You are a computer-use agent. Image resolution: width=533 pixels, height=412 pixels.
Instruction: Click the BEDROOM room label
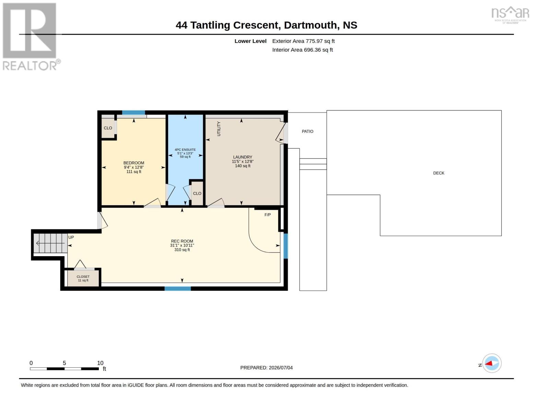(134, 163)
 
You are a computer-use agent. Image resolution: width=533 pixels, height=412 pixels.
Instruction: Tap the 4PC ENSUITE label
(185, 150)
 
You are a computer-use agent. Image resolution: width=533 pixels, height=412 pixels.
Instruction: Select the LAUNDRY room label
(243, 157)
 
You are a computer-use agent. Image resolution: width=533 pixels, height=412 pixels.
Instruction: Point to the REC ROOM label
(182, 241)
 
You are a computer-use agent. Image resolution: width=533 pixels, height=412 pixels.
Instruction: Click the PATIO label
(308, 131)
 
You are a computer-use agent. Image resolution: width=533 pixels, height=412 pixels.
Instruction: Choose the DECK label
(439, 173)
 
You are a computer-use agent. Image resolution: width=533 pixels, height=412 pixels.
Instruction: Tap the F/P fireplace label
(268, 215)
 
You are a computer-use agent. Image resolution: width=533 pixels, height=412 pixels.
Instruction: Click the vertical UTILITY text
(219, 129)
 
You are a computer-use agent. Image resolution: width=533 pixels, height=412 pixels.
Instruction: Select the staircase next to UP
(50, 243)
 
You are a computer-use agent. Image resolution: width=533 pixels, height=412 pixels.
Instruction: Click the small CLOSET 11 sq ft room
(83, 278)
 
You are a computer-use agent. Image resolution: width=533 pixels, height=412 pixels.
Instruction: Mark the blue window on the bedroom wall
(134, 113)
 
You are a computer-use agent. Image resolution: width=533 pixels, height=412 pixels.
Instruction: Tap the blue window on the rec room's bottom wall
(177, 289)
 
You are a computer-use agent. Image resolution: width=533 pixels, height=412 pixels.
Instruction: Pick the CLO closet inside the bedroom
(108, 128)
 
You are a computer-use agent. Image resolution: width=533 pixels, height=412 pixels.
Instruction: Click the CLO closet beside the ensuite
(197, 193)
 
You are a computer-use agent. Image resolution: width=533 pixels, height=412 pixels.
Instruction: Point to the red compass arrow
(489, 363)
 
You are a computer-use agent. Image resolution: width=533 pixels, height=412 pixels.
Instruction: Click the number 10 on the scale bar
(100, 363)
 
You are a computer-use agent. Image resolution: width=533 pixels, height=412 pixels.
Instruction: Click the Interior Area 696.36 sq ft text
(302, 50)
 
